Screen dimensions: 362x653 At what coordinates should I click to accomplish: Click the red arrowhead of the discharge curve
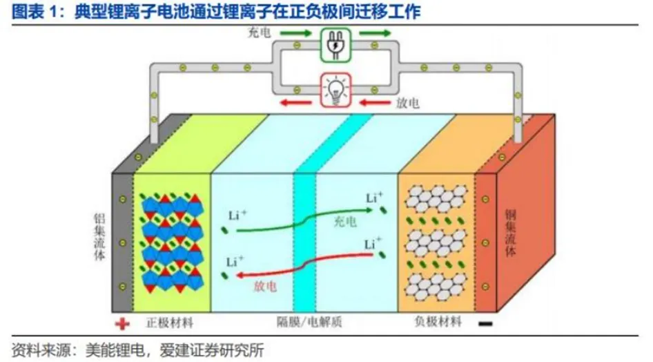click(x=239, y=276)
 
